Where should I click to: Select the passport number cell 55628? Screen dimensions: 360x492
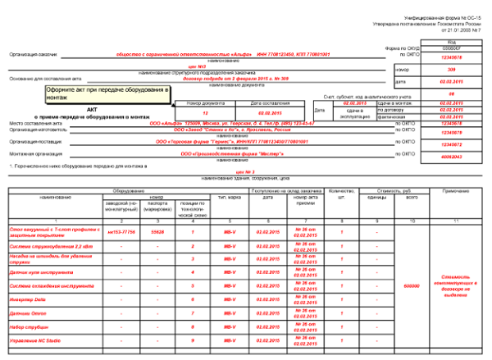coord(158,232)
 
